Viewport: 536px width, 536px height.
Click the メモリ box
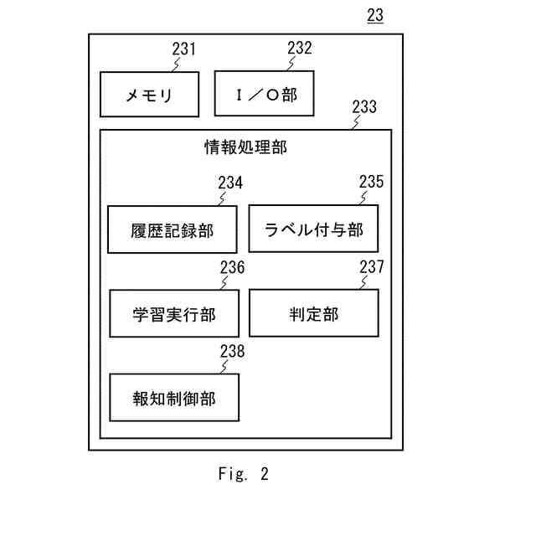(149, 95)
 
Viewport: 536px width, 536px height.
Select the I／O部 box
(265, 93)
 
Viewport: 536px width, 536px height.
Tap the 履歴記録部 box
(173, 229)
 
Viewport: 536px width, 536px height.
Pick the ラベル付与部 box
(313, 229)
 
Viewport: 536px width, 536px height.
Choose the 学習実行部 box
(174, 313)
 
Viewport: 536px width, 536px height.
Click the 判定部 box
(314, 313)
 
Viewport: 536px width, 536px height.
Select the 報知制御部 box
(174, 397)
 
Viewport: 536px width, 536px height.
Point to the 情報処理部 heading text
(245, 147)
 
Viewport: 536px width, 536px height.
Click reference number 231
(184, 49)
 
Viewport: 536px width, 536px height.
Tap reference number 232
(300, 48)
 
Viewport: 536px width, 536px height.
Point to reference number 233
(364, 106)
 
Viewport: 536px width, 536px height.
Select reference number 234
(230, 183)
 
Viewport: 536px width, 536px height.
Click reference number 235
(371, 182)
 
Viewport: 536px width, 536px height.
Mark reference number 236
(233, 267)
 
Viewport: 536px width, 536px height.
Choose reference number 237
(372, 266)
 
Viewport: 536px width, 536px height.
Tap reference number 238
(233, 351)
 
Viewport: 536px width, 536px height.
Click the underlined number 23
(375, 15)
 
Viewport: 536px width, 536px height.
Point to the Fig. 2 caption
(244, 474)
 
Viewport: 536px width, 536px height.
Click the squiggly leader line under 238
(224, 367)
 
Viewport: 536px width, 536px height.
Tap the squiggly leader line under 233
(356, 122)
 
